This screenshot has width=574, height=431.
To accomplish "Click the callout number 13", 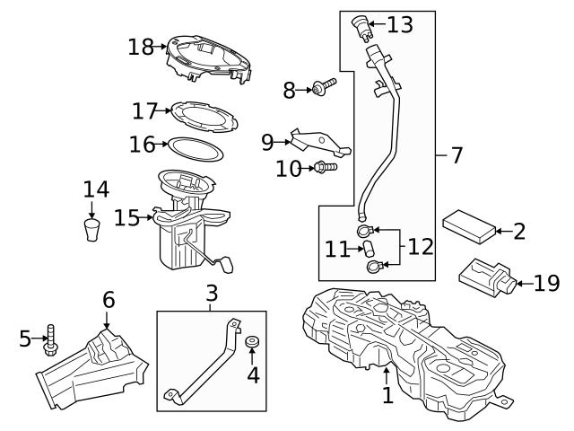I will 399,24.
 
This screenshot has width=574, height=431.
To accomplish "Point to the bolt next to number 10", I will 325,166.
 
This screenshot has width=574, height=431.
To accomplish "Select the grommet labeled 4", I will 252,342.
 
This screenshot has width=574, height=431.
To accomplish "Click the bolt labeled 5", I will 52,339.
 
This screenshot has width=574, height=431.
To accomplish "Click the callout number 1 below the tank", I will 387,395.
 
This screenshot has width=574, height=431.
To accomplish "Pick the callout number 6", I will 108,300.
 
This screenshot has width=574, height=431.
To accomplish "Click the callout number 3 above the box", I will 211,293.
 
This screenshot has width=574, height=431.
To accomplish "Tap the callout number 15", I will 126,217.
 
